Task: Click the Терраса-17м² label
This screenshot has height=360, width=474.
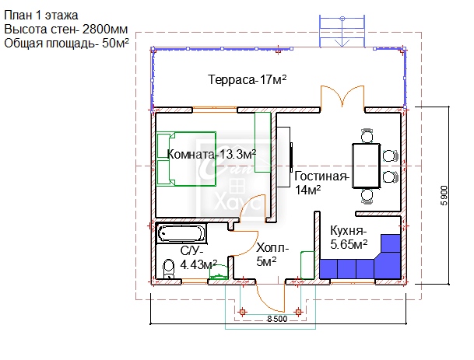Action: [248, 79]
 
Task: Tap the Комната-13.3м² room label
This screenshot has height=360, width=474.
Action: [212, 154]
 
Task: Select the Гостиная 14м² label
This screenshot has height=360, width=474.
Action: [321, 183]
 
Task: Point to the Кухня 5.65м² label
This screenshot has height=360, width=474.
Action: [349, 238]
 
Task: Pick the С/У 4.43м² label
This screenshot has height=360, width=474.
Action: [198, 257]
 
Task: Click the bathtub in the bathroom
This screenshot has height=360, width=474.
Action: [181, 233]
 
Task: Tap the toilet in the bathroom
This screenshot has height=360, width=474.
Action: [168, 269]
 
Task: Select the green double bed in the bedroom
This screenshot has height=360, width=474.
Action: [186, 159]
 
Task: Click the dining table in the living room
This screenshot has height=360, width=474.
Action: [366, 166]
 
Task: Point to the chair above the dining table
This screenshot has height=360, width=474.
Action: [367, 135]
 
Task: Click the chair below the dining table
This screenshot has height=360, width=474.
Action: [367, 197]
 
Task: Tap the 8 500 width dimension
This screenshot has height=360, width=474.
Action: [277, 319]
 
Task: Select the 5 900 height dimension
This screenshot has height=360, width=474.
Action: [444, 195]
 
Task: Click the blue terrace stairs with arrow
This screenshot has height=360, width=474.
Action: [342, 31]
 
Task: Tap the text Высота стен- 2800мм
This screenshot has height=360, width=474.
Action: [66, 30]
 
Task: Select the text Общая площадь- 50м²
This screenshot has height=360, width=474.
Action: [66, 44]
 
